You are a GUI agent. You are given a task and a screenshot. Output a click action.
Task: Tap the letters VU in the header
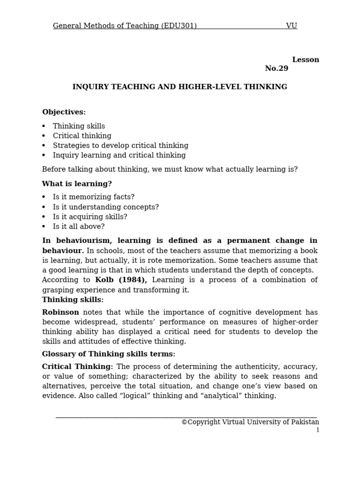291,26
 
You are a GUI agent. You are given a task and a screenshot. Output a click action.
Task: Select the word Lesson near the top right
305,60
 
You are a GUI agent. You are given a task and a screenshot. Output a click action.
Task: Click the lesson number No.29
277,68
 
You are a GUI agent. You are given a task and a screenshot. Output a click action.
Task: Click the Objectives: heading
64,112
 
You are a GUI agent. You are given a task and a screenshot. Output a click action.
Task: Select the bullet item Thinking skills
79,126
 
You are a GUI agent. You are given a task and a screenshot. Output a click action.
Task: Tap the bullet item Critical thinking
82,136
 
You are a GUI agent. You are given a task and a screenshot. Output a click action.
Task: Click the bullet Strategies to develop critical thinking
120,146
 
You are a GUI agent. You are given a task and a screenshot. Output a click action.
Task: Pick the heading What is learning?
77,184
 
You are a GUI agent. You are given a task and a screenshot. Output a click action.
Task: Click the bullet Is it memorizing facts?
93,197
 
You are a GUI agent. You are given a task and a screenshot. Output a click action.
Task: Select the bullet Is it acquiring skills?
90,217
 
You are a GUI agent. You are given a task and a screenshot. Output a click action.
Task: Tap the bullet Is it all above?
79,227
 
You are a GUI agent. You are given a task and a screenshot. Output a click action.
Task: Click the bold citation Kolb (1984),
121,280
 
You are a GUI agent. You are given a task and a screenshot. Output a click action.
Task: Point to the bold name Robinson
60,312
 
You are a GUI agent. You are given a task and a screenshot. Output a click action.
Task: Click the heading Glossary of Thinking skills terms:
108,354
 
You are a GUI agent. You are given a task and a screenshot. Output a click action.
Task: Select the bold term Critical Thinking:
77,367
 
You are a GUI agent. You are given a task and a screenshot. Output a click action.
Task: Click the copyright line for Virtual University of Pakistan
250,422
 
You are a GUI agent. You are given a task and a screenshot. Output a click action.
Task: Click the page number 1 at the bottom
317,430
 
